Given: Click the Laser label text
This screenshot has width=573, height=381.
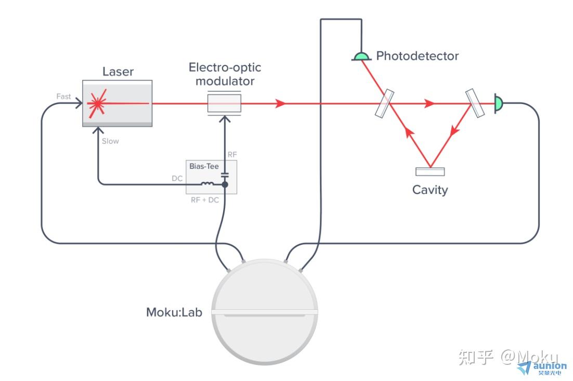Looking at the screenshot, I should (x=118, y=72).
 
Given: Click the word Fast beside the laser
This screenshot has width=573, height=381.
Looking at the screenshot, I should (x=63, y=97).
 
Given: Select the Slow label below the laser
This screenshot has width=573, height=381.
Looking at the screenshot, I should (x=110, y=141).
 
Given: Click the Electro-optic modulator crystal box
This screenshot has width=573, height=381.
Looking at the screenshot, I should (x=224, y=103).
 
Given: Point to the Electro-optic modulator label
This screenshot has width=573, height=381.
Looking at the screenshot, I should (x=225, y=74).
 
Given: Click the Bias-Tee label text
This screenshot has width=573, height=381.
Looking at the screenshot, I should (x=204, y=167).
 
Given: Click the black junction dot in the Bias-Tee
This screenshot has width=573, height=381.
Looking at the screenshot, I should (x=225, y=184).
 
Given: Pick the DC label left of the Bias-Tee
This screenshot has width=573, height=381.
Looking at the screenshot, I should (x=177, y=178).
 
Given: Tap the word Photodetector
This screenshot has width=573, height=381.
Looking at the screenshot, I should (x=418, y=56).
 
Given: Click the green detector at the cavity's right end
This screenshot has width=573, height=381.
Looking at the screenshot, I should (x=498, y=103).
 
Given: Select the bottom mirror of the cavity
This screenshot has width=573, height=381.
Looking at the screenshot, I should (x=430, y=172).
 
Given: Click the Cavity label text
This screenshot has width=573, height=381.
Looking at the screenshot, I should (x=430, y=190).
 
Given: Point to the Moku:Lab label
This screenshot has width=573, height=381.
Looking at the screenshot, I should (x=174, y=312).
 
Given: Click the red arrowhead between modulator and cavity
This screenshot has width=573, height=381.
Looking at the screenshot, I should (x=281, y=103).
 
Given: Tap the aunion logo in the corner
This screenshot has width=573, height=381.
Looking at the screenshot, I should (x=542, y=367).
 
